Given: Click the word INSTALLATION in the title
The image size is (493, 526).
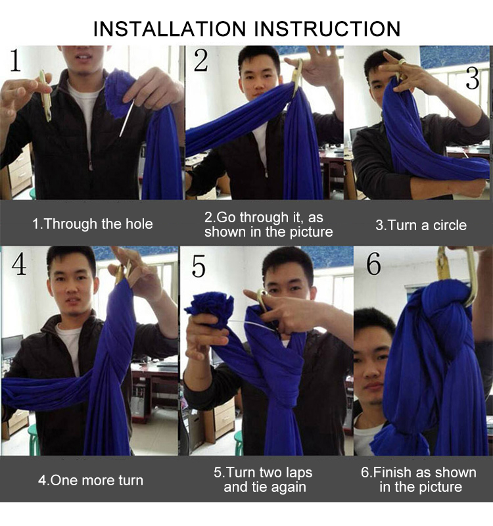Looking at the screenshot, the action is coord(170,29).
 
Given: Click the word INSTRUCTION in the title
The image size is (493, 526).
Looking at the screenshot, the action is coord(327,29).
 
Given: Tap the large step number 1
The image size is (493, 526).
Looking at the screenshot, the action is coord(15,60).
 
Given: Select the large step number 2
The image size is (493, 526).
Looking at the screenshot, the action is coord(201,60).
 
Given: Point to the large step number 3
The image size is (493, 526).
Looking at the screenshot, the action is coord(473,78).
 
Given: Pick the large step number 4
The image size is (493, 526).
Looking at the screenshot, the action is coord(19,264).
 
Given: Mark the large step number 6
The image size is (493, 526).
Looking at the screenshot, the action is coord(373,264).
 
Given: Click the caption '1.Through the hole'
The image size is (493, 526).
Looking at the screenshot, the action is coord(92,224).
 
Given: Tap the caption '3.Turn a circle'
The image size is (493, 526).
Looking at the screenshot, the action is coord(421,225).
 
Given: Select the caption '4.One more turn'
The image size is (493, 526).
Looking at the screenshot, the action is coord(91,481).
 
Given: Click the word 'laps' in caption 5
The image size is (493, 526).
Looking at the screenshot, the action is coord(299,473).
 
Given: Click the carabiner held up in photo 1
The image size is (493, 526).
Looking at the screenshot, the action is coord(45,95).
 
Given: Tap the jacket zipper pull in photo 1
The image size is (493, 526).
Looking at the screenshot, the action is coord(90,166).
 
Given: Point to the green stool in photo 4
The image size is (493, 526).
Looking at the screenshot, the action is coord(34,439).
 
